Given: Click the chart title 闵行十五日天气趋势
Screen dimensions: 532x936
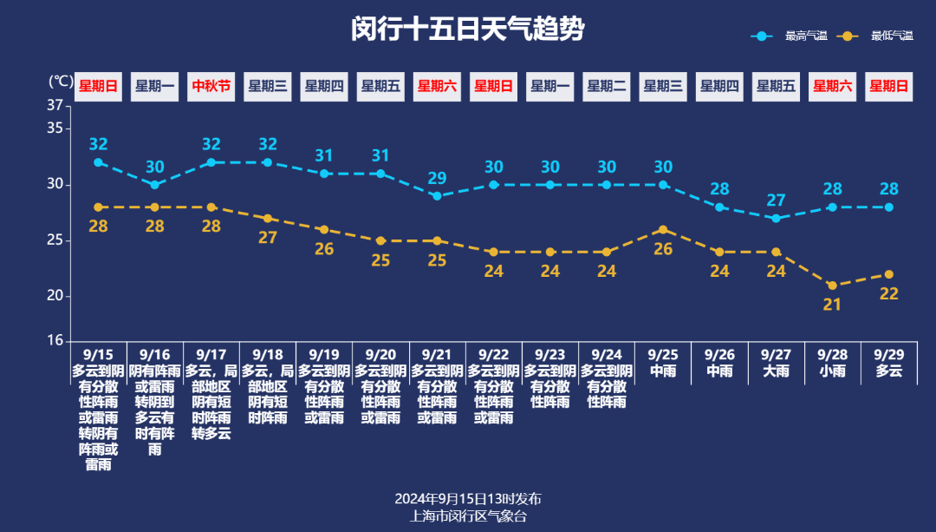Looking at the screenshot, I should point(468,30).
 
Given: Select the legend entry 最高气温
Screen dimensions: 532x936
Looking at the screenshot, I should point(805,36).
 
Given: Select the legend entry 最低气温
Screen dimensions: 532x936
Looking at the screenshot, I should point(891,36).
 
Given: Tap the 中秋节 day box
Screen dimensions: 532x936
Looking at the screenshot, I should point(211,86).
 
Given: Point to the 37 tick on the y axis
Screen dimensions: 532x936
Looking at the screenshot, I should point(55,106).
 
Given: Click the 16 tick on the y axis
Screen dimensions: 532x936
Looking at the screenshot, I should point(55,341).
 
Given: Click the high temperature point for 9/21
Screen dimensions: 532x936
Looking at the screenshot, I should point(437,196).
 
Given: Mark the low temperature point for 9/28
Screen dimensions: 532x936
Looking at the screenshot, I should point(832,286).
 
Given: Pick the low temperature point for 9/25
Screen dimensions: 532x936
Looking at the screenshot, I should point(663,230).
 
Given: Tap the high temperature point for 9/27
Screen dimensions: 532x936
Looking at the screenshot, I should point(776,218).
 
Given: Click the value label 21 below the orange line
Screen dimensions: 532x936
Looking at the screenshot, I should point(832,305).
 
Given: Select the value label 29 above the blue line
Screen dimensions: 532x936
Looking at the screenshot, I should point(437,178).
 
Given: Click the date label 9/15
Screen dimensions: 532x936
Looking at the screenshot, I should point(98,354).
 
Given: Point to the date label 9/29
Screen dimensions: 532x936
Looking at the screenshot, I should point(889,354).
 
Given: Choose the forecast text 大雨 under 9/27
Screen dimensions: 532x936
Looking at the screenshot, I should point(776,371).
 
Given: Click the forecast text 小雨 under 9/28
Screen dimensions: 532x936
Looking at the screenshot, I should point(832,371).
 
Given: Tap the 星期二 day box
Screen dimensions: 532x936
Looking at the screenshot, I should point(607,86).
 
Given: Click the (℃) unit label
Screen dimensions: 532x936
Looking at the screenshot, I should point(61,82).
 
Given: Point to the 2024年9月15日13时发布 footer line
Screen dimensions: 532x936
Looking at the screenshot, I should point(468,499).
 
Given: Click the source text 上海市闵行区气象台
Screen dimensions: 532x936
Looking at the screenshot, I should point(468,516).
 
